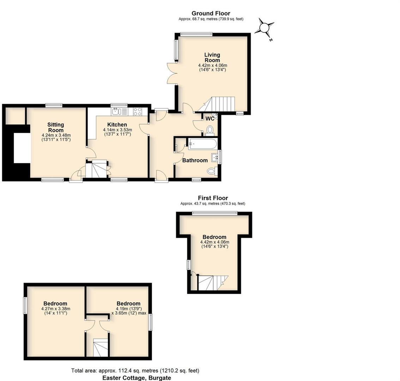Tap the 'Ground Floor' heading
[x=211, y=13]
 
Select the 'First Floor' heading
[x=213, y=198]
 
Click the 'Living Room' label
[x=212, y=57]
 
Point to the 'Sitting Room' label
[x=56, y=127]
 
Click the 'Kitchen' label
[x=117, y=125]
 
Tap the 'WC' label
[x=210, y=119]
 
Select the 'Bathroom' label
[x=195, y=161]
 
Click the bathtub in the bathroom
[x=202, y=144]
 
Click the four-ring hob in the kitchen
[x=138, y=111]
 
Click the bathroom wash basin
[x=215, y=157]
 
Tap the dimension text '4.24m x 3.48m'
[x=56, y=135]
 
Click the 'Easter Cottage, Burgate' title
[x=137, y=378]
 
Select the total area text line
[x=135, y=370]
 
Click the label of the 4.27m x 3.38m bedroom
[x=55, y=303]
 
